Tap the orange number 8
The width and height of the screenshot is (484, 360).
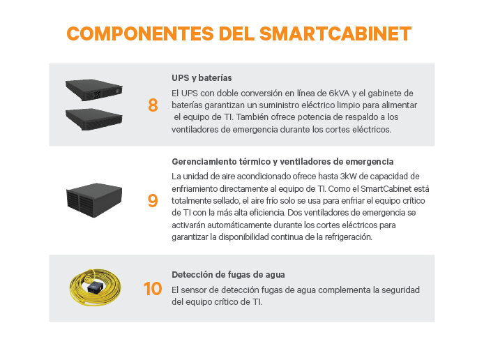[x=153, y=105]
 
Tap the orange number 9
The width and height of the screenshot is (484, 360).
[x=153, y=201]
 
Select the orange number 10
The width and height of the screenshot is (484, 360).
[x=152, y=288]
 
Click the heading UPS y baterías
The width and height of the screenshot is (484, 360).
[x=202, y=77]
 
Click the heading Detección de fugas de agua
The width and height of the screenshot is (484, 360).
[x=228, y=274]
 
